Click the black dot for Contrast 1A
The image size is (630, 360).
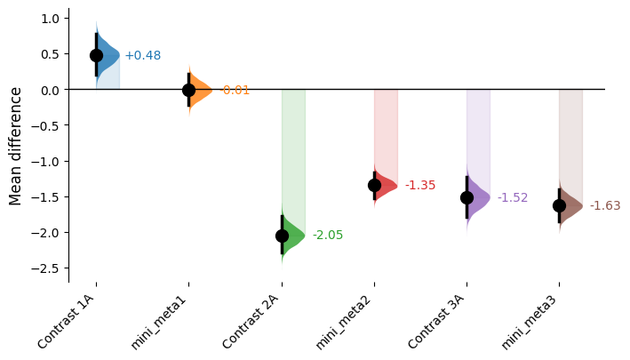click(96, 55)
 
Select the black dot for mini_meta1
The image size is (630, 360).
click(188, 90)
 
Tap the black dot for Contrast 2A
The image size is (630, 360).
click(282, 236)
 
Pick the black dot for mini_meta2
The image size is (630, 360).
click(374, 186)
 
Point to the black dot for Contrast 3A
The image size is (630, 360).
click(467, 197)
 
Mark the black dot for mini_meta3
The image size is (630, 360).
click(559, 205)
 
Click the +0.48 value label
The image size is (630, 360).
click(143, 55)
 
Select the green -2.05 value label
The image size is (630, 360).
click(328, 236)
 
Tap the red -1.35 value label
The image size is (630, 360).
click(420, 186)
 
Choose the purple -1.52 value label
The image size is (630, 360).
click(513, 197)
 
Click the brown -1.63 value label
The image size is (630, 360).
click(605, 206)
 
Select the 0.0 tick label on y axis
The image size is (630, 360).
click(50, 90)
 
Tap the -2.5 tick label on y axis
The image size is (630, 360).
click(47, 268)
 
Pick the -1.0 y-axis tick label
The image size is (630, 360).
click(47, 162)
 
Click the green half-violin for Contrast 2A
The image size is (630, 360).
click(293, 236)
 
